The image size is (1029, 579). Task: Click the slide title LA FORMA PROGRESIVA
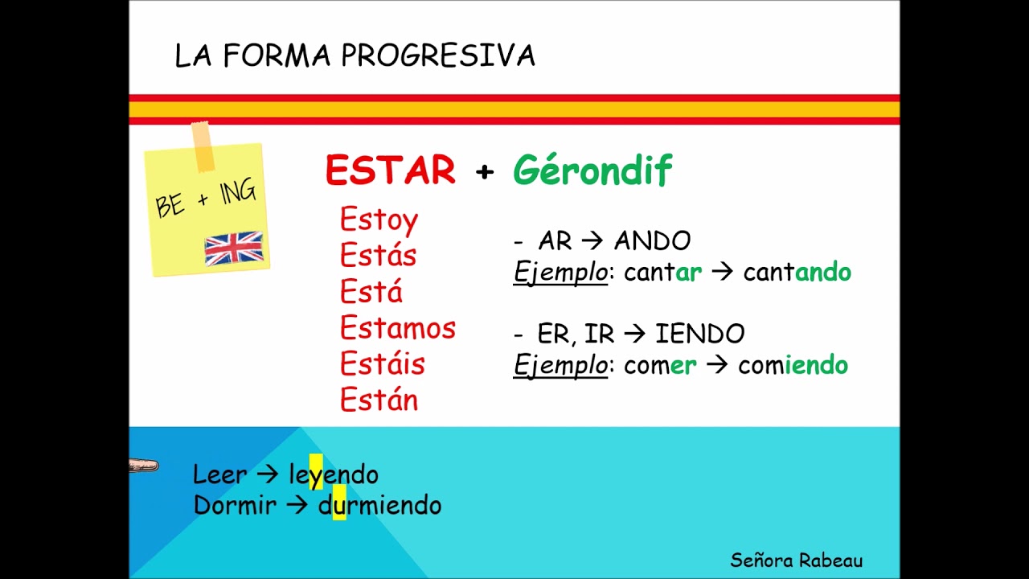[355, 56]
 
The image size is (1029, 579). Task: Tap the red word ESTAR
[391, 170]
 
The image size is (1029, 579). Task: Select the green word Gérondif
[592, 170]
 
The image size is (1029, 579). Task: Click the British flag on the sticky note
[234, 248]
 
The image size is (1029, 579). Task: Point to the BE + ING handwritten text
[207, 199]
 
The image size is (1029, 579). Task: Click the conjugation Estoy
[379, 220]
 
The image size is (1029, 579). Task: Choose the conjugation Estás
[378, 256]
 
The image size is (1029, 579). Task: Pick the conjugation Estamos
[397, 328]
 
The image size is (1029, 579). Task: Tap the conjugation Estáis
[382, 364]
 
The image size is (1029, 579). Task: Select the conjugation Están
[379, 400]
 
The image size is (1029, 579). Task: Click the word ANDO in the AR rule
[652, 240]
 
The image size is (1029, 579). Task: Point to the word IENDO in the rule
[699, 334]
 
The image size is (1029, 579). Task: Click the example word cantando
[797, 273]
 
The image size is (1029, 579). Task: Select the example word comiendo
[793, 366]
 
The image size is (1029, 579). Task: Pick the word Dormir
[235, 506]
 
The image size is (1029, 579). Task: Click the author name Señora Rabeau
[796, 560]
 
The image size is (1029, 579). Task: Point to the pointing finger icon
[144, 466]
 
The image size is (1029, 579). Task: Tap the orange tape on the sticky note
[203, 146]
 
